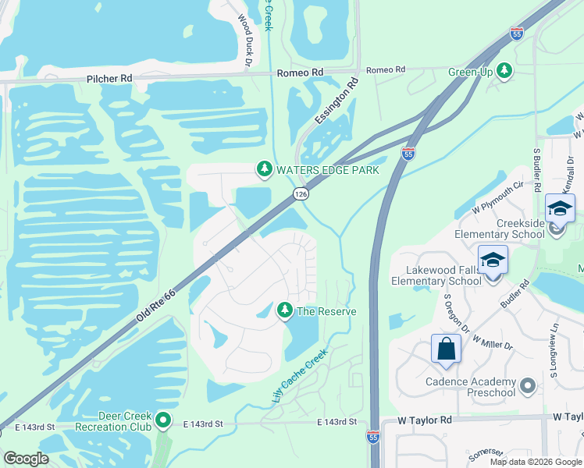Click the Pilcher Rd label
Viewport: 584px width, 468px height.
click(x=109, y=79)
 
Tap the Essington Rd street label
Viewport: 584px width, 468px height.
click(x=337, y=101)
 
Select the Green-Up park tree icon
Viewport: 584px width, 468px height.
click(x=505, y=71)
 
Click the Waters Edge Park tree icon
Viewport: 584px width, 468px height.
click(x=265, y=168)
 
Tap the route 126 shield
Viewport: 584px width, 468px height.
click(x=301, y=193)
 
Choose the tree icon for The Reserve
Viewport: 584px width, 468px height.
click(x=285, y=310)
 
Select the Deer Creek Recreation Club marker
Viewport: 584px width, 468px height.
click(x=162, y=420)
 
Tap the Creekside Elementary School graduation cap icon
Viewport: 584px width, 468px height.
click(x=560, y=208)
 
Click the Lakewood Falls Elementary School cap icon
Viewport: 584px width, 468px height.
click(x=493, y=259)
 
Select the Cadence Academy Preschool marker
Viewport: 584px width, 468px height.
click(x=528, y=385)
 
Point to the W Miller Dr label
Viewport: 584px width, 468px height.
click(x=493, y=335)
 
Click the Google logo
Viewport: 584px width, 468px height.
click(x=26, y=458)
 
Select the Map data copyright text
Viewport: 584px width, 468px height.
click(x=535, y=462)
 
